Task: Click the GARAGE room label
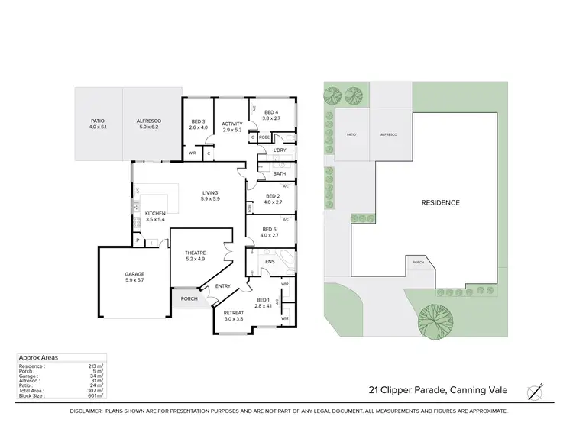coord(134,273)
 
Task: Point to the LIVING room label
coord(210,192)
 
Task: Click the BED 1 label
coord(264,299)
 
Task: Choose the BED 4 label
coord(272,112)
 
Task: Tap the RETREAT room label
coord(234,313)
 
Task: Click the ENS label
coord(269,262)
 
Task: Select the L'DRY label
coord(280,150)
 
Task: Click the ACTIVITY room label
coord(232,124)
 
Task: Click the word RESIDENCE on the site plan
coord(441,202)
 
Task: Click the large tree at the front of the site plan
coord(437,317)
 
